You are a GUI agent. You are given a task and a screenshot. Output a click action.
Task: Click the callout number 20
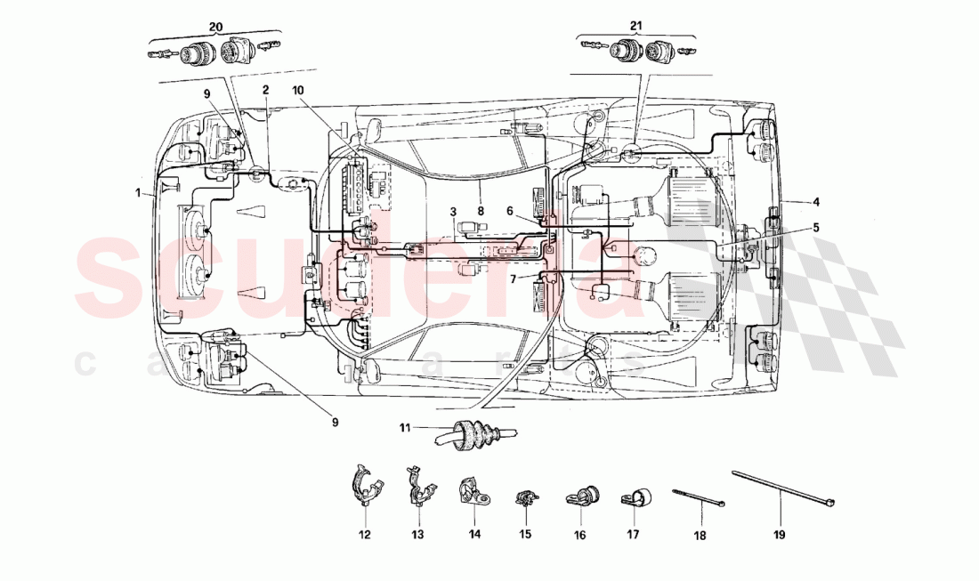click(x=214, y=26)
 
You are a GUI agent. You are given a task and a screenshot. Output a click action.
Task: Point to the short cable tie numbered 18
click(x=699, y=496)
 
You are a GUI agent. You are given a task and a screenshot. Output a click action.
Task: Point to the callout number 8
click(x=481, y=212)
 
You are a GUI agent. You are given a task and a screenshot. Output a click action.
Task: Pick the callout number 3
click(x=452, y=212)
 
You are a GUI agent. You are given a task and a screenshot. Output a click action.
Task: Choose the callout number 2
click(x=265, y=90)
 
